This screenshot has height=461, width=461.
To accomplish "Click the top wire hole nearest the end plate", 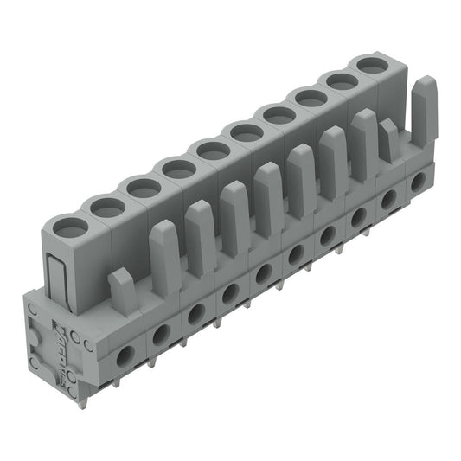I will click(x=70, y=227).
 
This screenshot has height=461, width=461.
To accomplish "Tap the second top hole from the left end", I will click(x=107, y=207).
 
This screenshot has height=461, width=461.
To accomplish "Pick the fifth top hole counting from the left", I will click(x=213, y=150).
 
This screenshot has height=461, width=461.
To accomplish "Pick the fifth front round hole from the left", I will click(x=263, y=273).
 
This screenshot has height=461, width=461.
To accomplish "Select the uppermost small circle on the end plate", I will click(x=33, y=306).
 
